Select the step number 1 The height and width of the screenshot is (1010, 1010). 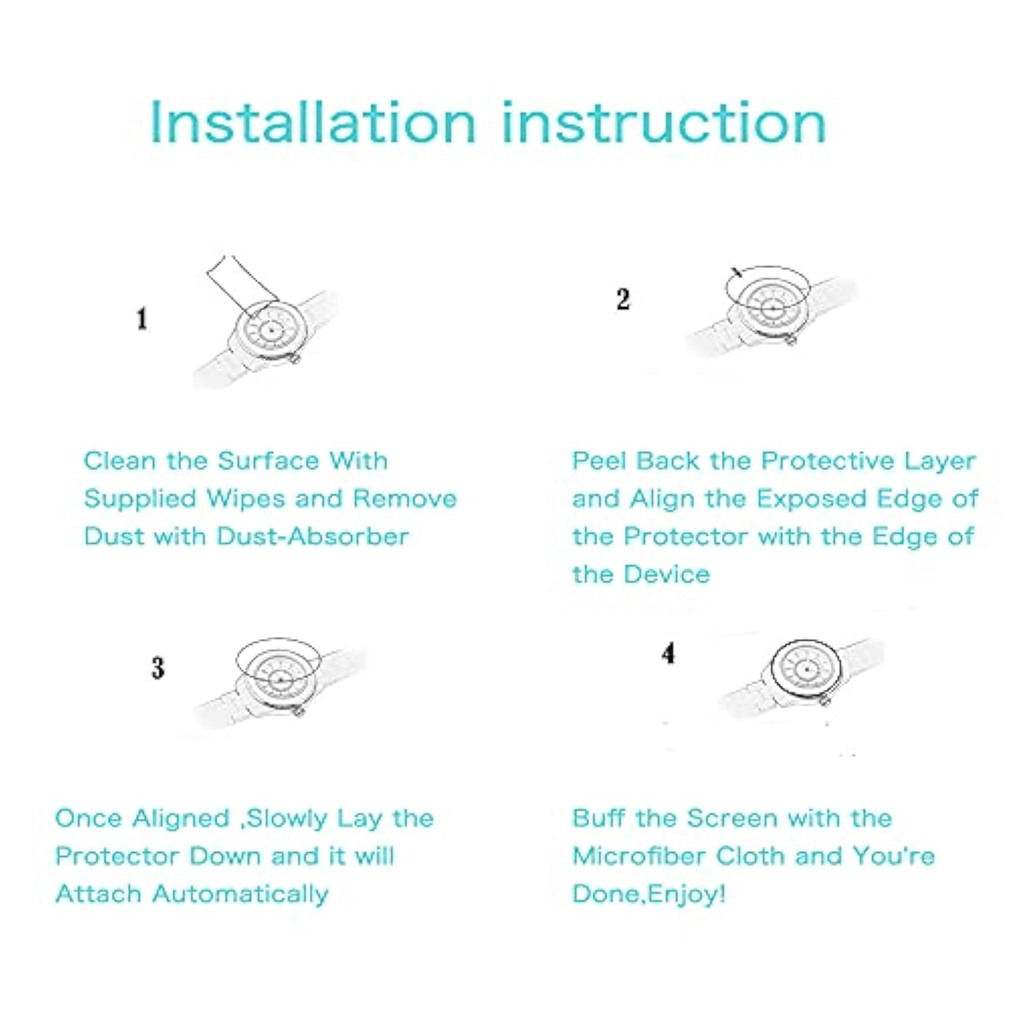(x=141, y=318)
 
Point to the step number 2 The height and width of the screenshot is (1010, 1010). (x=623, y=299)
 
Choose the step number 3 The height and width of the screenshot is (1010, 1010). (x=158, y=668)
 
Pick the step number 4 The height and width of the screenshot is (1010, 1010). (x=668, y=653)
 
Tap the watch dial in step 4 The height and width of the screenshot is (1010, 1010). (x=807, y=669)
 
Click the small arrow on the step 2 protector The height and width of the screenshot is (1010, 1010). (x=737, y=272)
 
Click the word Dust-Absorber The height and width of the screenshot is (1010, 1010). (x=312, y=537)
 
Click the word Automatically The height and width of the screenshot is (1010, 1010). (x=240, y=895)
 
